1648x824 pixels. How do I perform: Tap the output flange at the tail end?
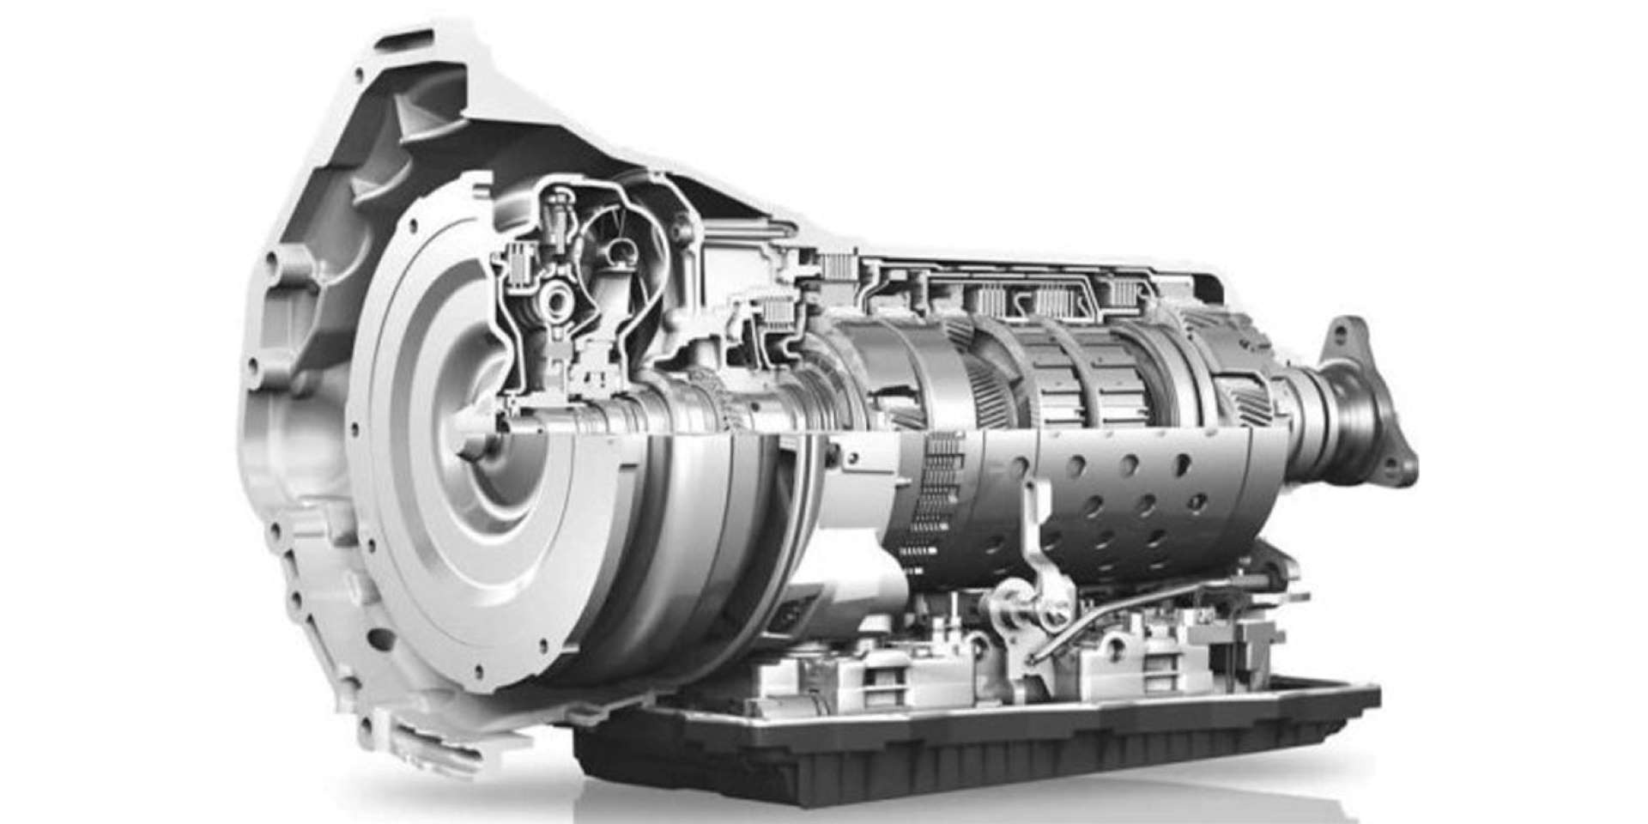(1365, 403)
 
